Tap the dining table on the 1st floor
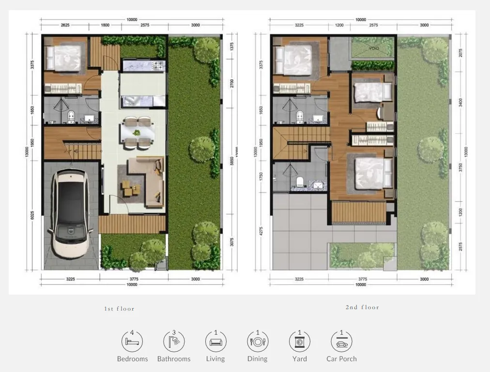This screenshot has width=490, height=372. point(137,132)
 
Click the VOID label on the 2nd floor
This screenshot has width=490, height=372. point(373,48)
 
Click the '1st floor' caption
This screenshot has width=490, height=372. point(119,309)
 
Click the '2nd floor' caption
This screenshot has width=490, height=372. point(362,307)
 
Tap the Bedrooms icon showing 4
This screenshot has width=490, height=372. point(132,342)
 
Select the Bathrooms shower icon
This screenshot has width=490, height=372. point(174,342)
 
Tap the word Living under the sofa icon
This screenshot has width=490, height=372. point(215,359)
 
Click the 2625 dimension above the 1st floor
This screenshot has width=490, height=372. point(66,25)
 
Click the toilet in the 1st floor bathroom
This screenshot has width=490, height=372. point(71,115)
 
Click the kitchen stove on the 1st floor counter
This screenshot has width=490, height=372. point(158,64)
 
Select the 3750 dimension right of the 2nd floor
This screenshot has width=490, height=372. point(461,167)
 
